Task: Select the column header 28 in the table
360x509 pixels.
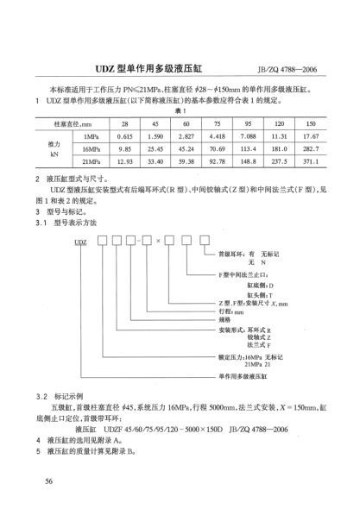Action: (126, 124)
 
